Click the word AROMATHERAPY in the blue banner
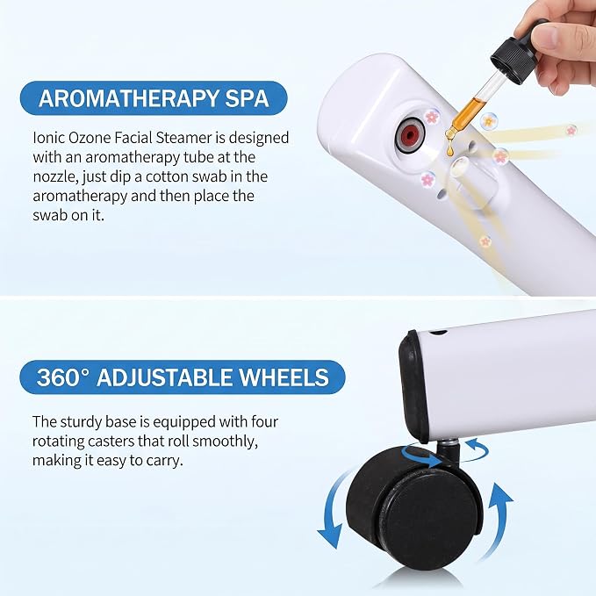tap(128, 98)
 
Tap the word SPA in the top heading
tap(248, 98)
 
